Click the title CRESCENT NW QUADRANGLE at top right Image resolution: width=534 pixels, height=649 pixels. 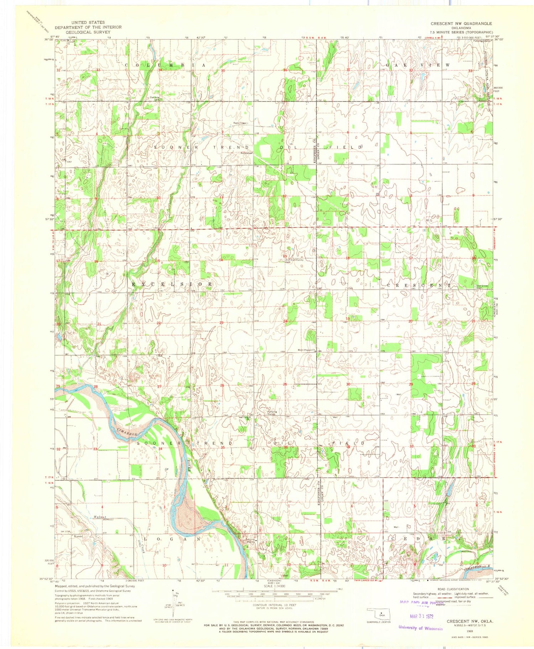pyautogui.click(x=461, y=24)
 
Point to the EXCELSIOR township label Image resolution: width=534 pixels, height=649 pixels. pyautogui.click(x=172, y=284)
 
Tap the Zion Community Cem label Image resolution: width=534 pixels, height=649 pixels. pyautogui.click(x=294, y=261)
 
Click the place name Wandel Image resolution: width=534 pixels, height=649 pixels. pyautogui.click(x=78, y=536)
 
